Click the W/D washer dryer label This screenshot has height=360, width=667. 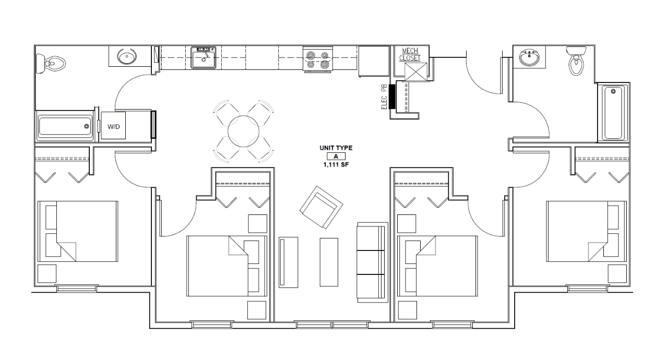tap(113, 126)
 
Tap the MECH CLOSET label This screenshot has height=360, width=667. tap(410, 54)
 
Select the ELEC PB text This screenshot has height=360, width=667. tap(384, 97)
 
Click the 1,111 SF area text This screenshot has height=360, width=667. tap(336, 164)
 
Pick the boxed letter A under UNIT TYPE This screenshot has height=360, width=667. tap(336, 156)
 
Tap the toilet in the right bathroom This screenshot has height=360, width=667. tap(576, 62)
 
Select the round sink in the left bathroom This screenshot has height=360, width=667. tap(126, 56)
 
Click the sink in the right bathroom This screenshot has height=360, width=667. tap(529, 57)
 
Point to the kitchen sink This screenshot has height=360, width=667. tap(204, 57)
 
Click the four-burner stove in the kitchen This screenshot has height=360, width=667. tap(318, 59)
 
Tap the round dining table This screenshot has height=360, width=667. tap(243, 130)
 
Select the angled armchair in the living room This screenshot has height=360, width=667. tap(321, 208)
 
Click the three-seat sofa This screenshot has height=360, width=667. tap(371, 262)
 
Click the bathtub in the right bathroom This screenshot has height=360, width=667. tap(613, 113)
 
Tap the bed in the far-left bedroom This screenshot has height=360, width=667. tap(78, 231)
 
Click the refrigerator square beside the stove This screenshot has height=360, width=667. tap(374, 61)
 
